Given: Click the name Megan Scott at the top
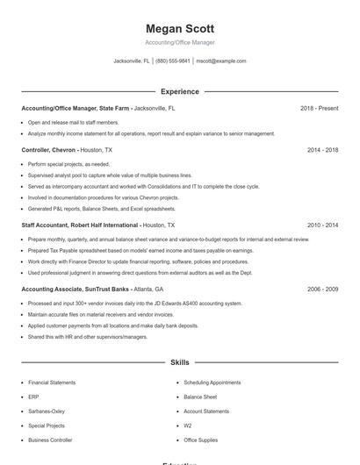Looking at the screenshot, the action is [x=179, y=29].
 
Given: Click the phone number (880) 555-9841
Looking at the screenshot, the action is [x=172, y=61].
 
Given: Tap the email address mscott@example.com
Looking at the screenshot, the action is [x=221, y=61].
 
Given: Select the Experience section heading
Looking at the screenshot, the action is [x=179, y=91].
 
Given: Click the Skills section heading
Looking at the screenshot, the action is [x=179, y=361].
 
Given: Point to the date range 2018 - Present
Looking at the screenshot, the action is [x=319, y=108].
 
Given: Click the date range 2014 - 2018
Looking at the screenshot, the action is [x=322, y=150].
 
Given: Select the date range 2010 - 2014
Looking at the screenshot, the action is [x=322, y=225].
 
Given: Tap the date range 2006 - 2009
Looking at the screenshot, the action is [x=322, y=289].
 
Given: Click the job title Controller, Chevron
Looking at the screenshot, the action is [x=49, y=150].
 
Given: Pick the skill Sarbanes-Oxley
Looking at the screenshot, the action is [x=47, y=411].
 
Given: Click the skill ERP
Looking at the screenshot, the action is [x=33, y=397].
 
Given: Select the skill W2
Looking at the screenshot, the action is [x=188, y=426].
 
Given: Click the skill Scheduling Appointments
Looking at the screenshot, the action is [x=212, y=383].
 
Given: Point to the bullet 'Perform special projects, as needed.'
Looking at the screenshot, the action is [x=68, y=164].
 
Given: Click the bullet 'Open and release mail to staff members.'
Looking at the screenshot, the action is [x=73, y=122].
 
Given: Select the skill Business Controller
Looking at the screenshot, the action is [x=50, y=440].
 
